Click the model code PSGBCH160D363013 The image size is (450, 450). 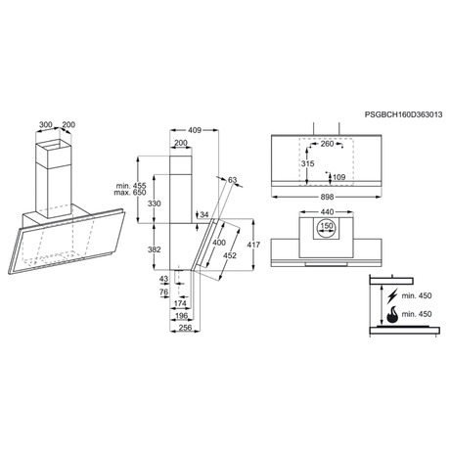(403, 114)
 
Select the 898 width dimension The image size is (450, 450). (327, 197)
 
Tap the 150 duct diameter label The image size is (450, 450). (327, 226)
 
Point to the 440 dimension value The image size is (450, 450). (327, 212)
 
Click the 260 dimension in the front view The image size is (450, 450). (327, 144)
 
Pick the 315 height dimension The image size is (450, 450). (307, 163)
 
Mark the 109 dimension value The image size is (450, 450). (339, 177)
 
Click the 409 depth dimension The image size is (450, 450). (195, 130)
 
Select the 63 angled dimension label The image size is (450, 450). (232, 180)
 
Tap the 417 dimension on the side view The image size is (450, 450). (253, 245)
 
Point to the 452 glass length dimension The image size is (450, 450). (230, 255)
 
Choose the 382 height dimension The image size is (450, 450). (155, 249)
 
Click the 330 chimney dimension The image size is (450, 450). (155, 203)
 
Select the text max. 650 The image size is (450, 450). (130, 193)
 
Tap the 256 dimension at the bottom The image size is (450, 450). (185, 327)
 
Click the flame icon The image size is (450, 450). (392, 314)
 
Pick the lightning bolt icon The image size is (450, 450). (393, 295)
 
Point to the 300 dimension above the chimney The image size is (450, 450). (46, 124)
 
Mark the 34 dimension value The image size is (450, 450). (204, 214)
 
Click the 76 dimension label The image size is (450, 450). (164, 292)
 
